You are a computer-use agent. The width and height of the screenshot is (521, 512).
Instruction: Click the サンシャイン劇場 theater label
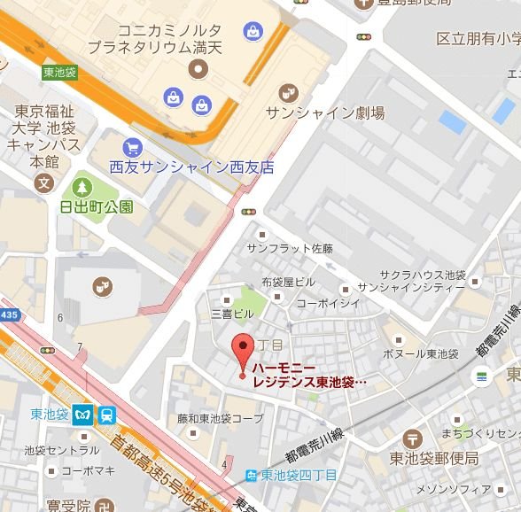(x=325, y=112)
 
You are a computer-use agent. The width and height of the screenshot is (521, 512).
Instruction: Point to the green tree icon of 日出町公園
(x=82, y=187)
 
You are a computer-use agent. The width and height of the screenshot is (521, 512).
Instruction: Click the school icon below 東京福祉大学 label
(x=42, y=183)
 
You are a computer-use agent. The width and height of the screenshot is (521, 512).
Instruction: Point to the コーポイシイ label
(x=328, y=303)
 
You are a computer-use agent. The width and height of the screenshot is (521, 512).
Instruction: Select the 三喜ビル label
(x=232, y=314)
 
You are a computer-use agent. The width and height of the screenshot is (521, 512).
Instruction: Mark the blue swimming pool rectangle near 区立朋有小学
(x=452, y=122)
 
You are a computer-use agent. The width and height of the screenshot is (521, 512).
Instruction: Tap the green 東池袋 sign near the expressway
(x=59, y=73)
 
